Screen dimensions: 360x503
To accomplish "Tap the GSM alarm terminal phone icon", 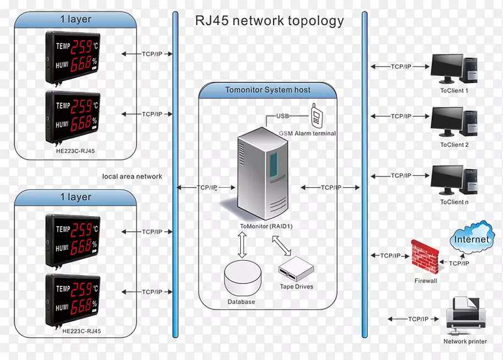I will point(318,117).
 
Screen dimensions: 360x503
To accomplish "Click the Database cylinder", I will point(241,278).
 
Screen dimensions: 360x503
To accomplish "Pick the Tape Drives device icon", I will point(296,269).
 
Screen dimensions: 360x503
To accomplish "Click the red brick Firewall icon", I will point(426,256).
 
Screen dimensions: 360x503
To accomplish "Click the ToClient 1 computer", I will point(453,68).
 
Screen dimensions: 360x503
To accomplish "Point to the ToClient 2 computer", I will point(453,123).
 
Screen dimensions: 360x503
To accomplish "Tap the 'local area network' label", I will point(132,177).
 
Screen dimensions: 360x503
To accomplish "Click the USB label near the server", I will point(284,116).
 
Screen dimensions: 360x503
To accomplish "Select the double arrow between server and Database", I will point(241,244).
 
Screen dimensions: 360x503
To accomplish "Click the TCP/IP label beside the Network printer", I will point(418,319).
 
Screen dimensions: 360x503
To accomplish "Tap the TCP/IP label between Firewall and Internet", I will point(458,263).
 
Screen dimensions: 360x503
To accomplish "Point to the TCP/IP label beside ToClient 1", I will point(401,66).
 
